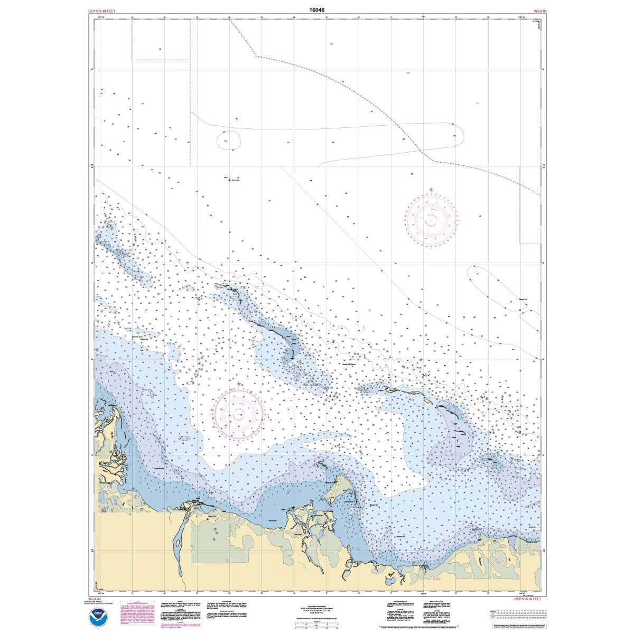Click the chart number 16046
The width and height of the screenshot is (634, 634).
pyautogui.click(x=317, y=9)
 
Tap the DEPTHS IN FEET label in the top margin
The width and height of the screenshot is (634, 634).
pyautogui.click(x=104, y=11)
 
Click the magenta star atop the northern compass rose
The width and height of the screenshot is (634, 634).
pyautogui.click(x=431, y=190)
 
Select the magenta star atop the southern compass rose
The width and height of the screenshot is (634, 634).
pyautogui.click(x=239, y=384)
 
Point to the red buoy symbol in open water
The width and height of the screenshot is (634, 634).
pyautogui.click(x=229, y=180)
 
